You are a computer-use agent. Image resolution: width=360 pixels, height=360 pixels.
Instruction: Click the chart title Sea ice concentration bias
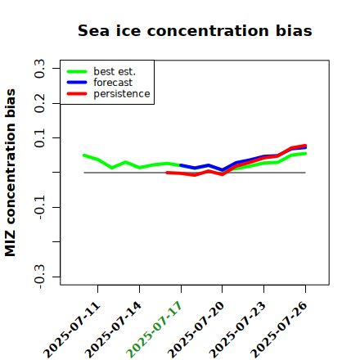pos(195,30)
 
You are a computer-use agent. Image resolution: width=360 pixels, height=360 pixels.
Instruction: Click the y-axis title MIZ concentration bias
pos(10,173)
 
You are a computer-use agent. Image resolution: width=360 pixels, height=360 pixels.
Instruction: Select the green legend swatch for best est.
pos(77,72)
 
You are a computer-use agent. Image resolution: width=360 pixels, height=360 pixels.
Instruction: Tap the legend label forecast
pos(113,83)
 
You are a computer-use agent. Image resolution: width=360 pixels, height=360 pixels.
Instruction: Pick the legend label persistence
pos(122,94)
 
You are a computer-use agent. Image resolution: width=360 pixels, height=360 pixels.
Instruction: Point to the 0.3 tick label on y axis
pos(39,69)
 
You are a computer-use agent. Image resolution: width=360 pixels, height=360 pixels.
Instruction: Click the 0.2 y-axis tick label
pos(39,103)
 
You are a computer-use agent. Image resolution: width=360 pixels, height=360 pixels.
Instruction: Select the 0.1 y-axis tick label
pos(39,138)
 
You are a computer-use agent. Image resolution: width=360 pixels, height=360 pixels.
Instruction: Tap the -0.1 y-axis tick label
pos(39,207)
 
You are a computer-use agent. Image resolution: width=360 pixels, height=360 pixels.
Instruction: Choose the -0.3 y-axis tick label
pos(39,277)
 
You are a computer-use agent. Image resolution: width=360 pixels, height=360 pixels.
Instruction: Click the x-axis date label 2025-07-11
pos(72,330)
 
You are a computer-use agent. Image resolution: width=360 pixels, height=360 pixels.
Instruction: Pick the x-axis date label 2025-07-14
pos(113,330)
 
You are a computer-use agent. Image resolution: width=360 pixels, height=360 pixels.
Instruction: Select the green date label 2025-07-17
pos(154,330)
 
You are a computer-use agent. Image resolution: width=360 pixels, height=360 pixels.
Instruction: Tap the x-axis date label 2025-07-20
pos(196,330)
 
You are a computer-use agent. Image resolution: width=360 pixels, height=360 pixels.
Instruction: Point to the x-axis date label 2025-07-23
pos(237,330)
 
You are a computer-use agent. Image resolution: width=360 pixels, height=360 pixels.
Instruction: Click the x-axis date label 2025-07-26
pos(279,330)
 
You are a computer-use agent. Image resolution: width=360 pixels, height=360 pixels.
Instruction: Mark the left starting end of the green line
pos(84,155)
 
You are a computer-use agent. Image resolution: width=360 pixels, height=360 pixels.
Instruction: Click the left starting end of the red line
pos(167,173)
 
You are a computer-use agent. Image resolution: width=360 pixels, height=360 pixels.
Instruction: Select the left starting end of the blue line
pos(181,165)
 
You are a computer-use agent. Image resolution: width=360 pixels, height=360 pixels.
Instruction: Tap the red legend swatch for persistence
pos(77,94)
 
